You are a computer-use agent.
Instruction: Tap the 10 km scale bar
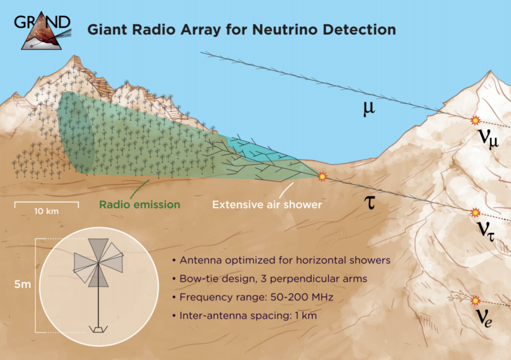click(47, 205)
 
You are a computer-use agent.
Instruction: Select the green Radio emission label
click(140, 205)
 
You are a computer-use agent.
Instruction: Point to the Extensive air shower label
click(267, 205)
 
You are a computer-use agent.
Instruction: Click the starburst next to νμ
click(475, 121)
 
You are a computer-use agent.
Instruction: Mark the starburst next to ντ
click(475, 212)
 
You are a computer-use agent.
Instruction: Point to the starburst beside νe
click(475, 300)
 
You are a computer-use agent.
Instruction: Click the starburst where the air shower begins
click(322, 177)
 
